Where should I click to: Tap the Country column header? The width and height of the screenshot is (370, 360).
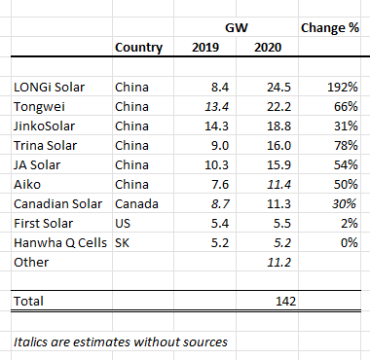(x=138, y=48)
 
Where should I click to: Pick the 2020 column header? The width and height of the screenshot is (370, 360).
(x=266, y=48)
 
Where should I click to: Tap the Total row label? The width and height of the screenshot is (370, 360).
(x=30, y=303)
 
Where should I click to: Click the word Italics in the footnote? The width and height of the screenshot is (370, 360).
(x=33, y=341)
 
